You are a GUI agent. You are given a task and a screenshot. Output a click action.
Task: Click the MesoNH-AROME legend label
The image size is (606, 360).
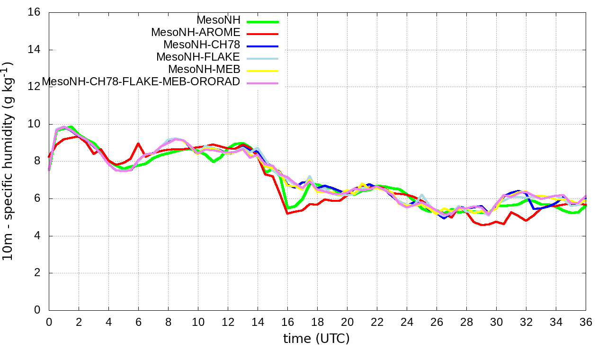(x=196, y=32)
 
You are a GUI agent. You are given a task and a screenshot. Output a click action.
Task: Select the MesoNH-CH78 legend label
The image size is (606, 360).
(x=202, y=45)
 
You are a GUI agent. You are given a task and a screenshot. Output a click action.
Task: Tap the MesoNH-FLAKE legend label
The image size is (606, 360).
(x=198, y=57)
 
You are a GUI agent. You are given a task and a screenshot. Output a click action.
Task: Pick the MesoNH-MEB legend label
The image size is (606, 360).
(x=208, y=69)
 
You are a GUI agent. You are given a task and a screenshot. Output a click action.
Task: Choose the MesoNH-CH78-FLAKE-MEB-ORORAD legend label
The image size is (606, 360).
(x=141, y=81)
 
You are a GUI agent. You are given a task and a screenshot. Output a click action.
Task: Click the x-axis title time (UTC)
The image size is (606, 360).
(x=316, y=339)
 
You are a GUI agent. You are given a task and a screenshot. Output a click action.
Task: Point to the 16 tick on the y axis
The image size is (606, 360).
(x=34, y=12)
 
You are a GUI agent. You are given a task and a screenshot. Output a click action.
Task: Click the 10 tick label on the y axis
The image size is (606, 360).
(x=34, y=124)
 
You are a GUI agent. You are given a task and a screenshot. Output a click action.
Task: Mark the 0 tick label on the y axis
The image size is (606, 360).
(x=37, y=310)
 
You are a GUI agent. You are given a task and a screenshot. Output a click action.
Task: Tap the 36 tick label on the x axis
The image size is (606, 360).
(x=586, y=322)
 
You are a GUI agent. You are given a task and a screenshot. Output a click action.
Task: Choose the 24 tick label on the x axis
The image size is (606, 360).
(x=407, y=322)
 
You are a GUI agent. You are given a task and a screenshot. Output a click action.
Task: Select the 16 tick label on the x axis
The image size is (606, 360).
(x=287, y=322)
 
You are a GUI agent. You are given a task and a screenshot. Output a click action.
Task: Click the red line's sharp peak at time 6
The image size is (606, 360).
(x=138, y=144)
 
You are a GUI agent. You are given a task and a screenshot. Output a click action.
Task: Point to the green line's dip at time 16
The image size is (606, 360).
(x=288, y=208)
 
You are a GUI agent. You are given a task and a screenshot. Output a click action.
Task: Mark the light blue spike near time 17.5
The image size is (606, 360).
(x=310, y=177)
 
